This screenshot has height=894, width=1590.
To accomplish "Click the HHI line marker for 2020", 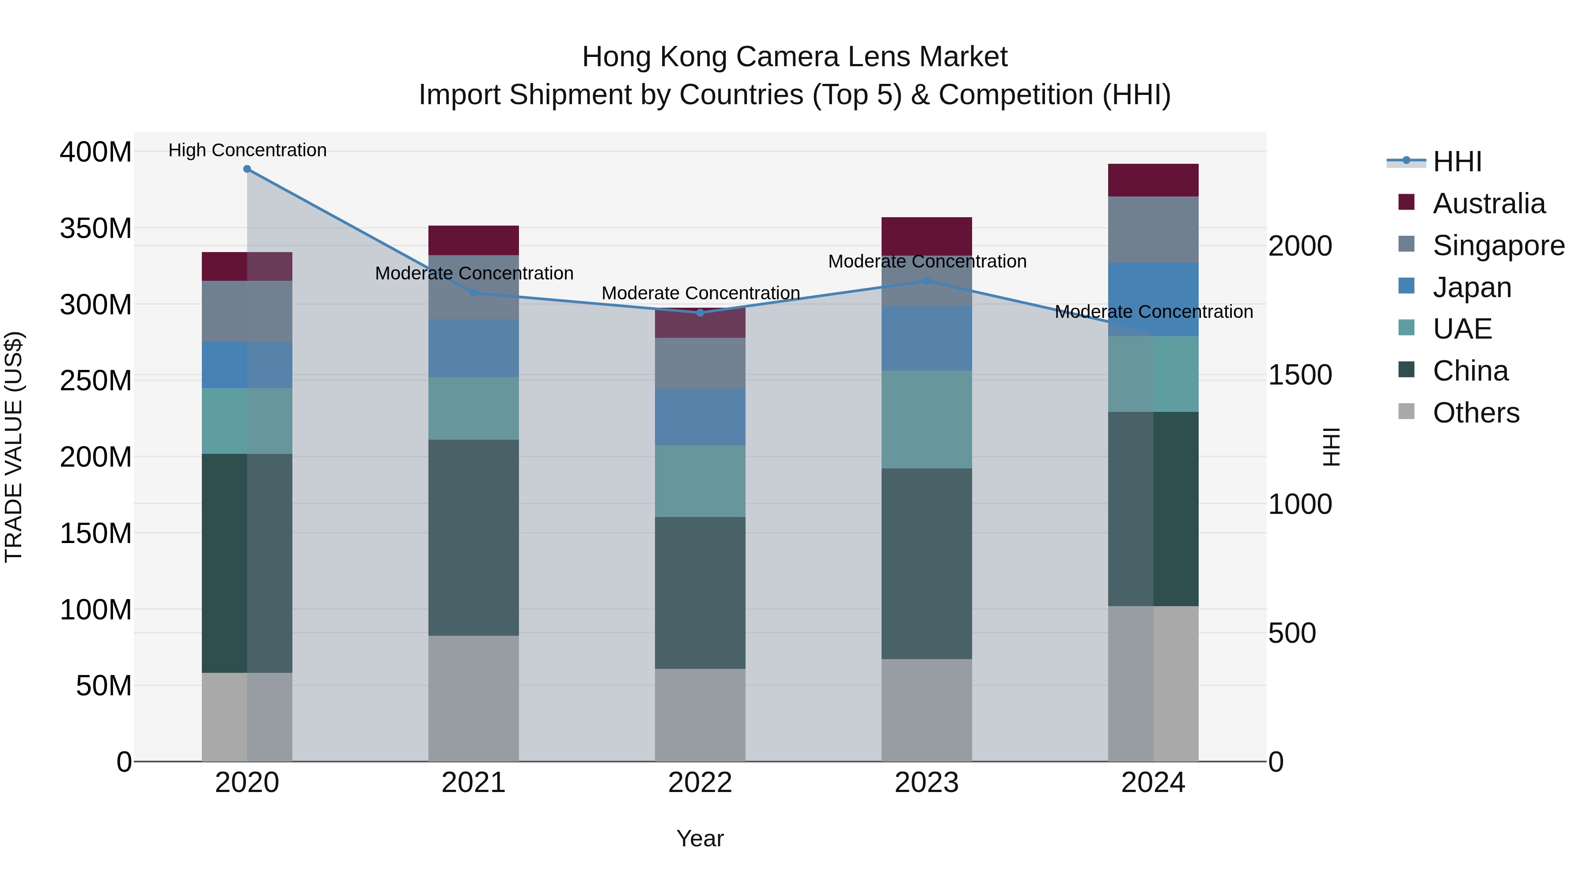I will [x=247, y=169].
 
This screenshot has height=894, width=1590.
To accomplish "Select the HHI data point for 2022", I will [x=700, y=313].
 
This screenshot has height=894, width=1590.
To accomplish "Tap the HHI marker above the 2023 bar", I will [x=927, y=281].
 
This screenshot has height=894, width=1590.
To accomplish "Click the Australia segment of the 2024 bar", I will [x=1153, y=180].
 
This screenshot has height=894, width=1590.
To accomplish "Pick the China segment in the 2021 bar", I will [x=473, y=537].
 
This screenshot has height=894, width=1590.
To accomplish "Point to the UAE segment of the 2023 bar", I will [x=927, y=419].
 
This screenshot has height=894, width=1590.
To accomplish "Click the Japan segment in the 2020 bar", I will [x=247, y=365].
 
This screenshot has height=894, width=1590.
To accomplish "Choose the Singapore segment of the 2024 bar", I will [x=1153, y=230].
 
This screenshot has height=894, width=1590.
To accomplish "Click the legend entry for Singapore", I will [x=1498, y=245].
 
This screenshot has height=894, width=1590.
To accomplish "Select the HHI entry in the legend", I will [x=1457, y=162].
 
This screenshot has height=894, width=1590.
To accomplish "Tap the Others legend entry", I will [x=1475, y=413].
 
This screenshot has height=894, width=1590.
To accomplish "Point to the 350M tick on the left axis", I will [x=96, y=228].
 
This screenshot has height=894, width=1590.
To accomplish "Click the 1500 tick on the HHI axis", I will [x=1300, y=375].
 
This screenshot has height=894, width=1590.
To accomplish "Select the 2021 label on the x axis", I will [x=473, y=783].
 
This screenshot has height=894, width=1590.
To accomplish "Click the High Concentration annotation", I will [x=247, y=150].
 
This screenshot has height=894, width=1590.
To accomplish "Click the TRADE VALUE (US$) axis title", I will [x=14, y=447].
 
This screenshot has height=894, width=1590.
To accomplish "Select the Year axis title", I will [x=700, y=838].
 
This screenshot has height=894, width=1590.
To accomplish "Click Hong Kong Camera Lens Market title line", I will [x=795, y=57].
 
